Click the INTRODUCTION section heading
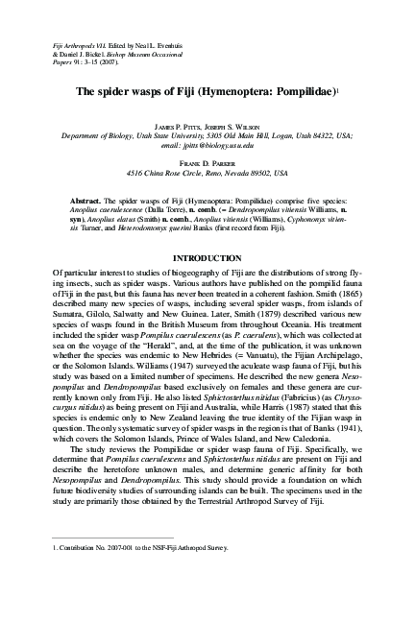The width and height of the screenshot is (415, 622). click(207, 286)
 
